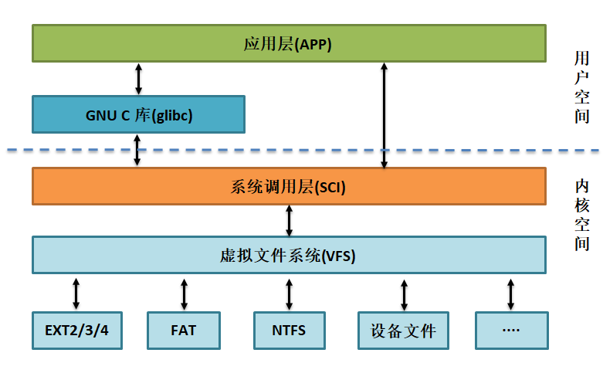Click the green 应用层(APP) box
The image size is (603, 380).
[x=288, y=43]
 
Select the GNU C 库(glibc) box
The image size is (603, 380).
[x=138, y=115]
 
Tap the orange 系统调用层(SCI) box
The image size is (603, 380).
[x=288, y=187]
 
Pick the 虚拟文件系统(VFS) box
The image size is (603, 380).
[x=288, y=255]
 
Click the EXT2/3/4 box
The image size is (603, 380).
[x=77, y=331]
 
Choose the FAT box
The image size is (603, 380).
[x=184, y=331]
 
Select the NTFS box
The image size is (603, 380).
[x=289, y=331]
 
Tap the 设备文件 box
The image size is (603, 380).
[x=404, y=331]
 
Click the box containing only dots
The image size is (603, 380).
[x=510, y=331]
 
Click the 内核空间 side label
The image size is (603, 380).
[x=581, y=214]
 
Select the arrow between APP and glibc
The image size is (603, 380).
[x=138, y=78]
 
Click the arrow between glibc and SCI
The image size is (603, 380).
[x=138, y=150]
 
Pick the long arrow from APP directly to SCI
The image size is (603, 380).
[x=384, y=116]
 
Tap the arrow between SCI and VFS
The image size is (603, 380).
[x=289, y=220]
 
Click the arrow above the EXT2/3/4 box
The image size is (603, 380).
[x=76, y=293]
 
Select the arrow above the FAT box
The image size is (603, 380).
[x=184, y=293]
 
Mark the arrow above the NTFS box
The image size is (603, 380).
[x=289, y=293]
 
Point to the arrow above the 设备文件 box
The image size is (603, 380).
[x=404, y=293]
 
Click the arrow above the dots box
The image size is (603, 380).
[x=510, y=293]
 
